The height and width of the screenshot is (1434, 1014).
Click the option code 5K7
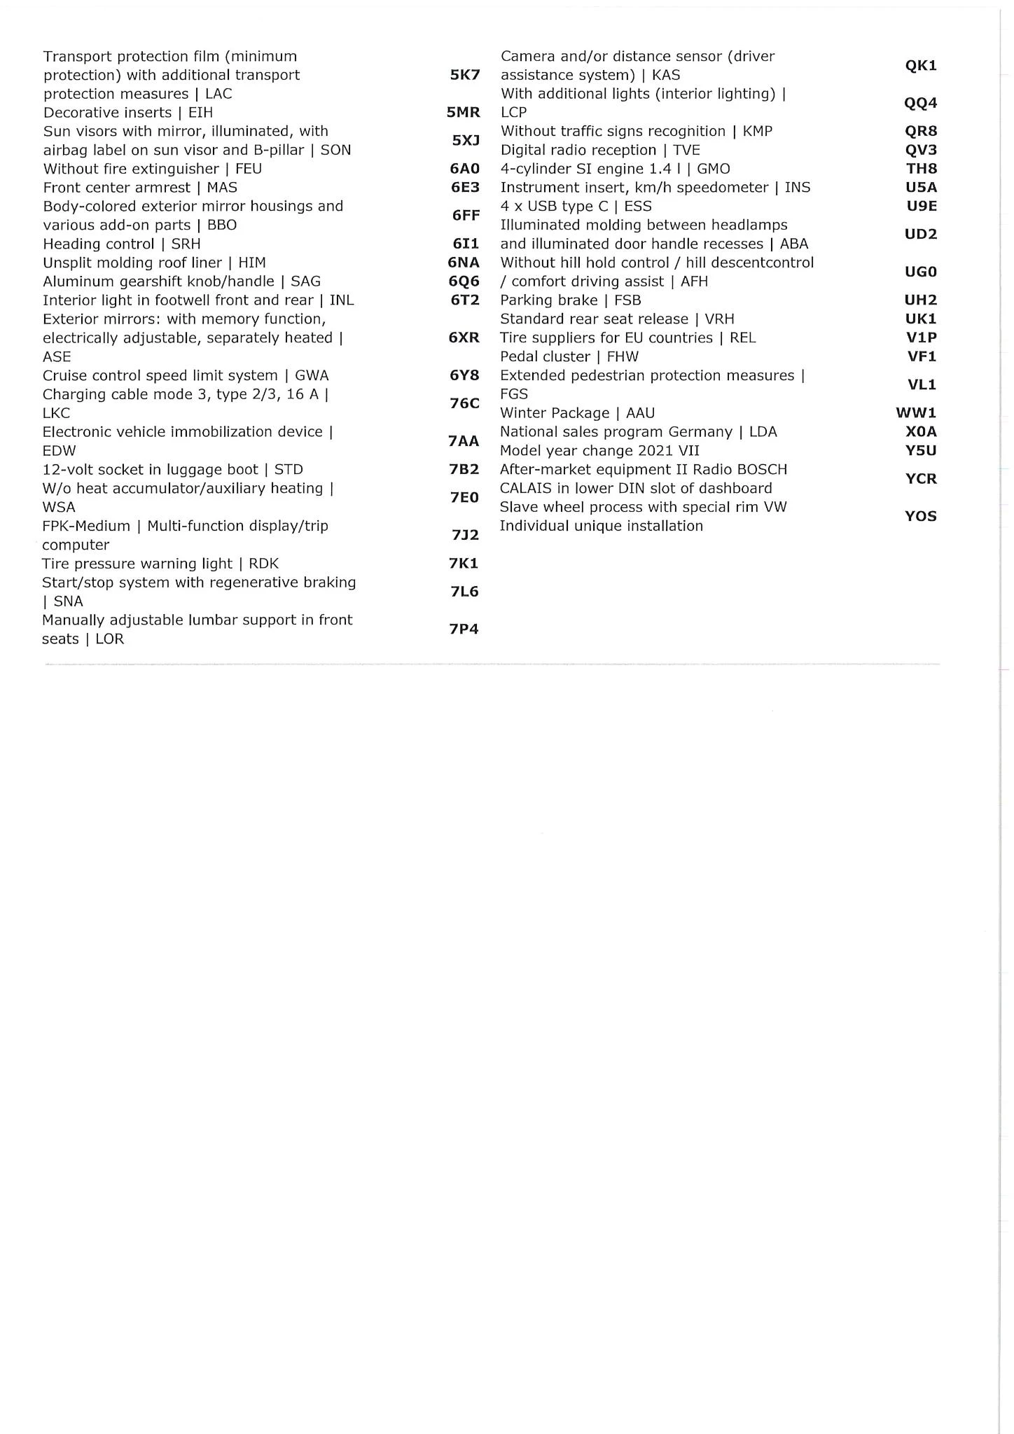pyautogui.click(x=464, y=75)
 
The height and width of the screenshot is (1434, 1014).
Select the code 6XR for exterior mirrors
pyautogui.click(x=464, y=337)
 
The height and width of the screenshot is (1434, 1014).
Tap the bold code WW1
pyautogui.click(x=916, y=413)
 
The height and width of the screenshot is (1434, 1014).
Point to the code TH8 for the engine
pyautogui.click(x=921, y=169)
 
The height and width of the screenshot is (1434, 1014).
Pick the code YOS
pyautogui.click(x=920, y=517)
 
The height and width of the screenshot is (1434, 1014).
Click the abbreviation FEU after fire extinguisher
pyautogui.click(x=249, y=169)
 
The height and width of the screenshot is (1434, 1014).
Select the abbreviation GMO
pyautogui.click(x=713, y=169)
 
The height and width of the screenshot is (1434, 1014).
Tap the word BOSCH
pyautogui.click(x=762, y=469)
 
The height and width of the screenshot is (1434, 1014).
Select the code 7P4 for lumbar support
pyautogui.click(x=464, y=629)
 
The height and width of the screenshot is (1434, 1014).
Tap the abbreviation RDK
pyautogui.click(x=263, y=564)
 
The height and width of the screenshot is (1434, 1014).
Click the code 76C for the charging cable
pyautogui.click(x=464, y=403)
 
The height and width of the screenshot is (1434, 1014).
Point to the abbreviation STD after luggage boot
pyautogui.click(x=289, y=470)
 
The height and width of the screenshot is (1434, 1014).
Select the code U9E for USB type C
pyautogui.click(x=921, y=207)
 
